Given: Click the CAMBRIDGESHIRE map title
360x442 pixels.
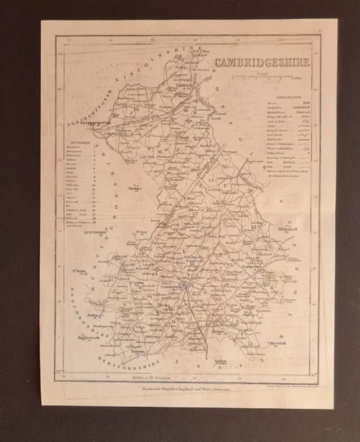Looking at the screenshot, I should tap(261, 63).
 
